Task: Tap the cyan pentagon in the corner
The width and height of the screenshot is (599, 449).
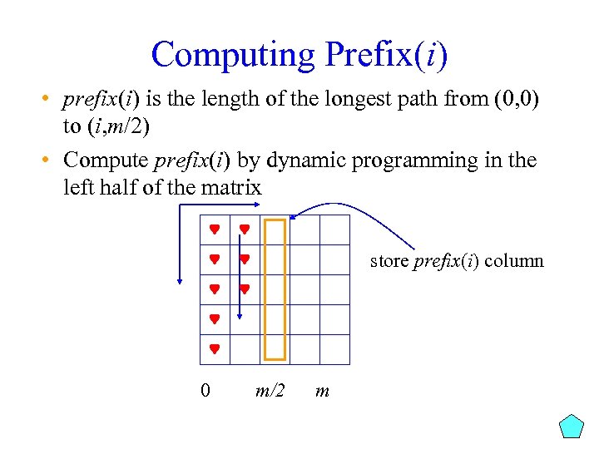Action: pyautogui.click(x=572, y=426)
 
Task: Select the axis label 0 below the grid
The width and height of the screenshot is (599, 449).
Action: pyautogui.click(x=205, y=389)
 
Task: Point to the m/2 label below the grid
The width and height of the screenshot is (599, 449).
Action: pyautogui.click(x=270, y=389)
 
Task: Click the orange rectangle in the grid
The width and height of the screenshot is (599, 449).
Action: pyautogui.click(x=275, y=289)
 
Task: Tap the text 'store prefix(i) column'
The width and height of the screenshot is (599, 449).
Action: pyautogui.click(x=457, y=261)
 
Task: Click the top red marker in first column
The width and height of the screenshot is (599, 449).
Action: pyautogui.click(x=214, y=229)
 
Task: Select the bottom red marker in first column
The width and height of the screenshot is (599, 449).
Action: pyautogui.click(x=214, y=349)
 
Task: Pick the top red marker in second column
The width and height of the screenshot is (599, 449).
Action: pyautogui.click(x=245, y=229)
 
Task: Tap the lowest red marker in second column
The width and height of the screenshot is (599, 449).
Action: pyautogui.click(x=245, y=289)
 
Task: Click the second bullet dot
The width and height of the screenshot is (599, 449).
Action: pyautogui.click(x=45, y=160)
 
